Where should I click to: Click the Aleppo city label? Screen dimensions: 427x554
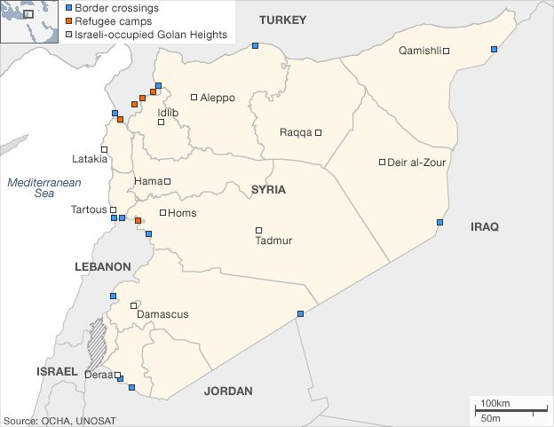pyautogui.click(x=218, y=98)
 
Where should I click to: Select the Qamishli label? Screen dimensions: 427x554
pyautogui.click(x=420, y=51)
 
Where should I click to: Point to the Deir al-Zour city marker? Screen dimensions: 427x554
pyautogui.click(x=382, y=162)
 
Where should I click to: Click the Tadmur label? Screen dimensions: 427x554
pyautogui.click(x=273, y=241)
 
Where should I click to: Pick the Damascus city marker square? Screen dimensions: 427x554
pyautogui.click(x=134, y=305)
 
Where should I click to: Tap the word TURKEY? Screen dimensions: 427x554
pyautogui.click(x=281, y=20)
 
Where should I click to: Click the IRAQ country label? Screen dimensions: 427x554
pyautogui.click(x=484, y=227)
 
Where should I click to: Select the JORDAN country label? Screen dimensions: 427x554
pyautogui.click(x=228, y=391)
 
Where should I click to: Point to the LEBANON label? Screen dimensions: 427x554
pyautogui.click(x=102, y=266)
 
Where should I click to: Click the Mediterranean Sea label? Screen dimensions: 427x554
pyautogui.click(x=44, y=187)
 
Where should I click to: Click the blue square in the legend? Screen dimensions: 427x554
pyautogui.click(x=69, y=8)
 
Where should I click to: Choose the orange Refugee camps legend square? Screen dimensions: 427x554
pyautogui.click(x=69, y=21)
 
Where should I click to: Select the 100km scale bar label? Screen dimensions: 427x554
pyautogui.click(x=495, y=403)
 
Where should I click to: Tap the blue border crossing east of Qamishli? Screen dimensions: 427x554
pyautogui.click(x=494, y=49)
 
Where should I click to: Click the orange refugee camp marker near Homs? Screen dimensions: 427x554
pyautogui.click(x=138, y=221)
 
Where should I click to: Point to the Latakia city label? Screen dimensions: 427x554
pyautogui.click(x=90, y=160)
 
